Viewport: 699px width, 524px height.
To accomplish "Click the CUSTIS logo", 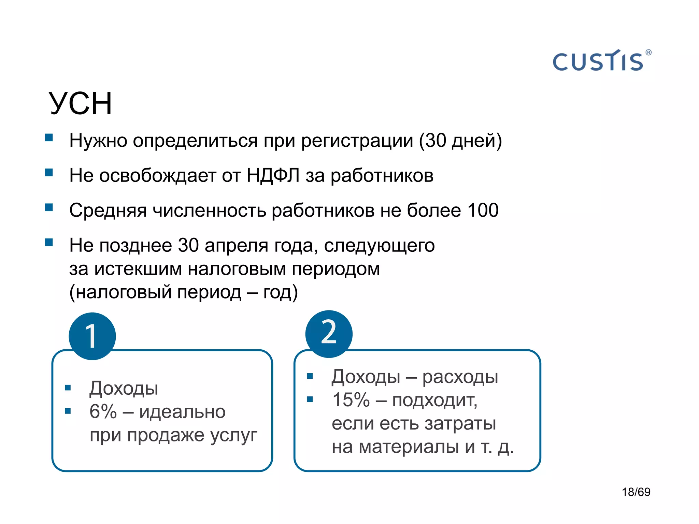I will click(598, 61).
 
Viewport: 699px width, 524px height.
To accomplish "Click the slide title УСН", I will click(81, 103).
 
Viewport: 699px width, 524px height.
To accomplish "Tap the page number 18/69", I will click(636, 492).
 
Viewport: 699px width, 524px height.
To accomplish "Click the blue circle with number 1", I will click(92, 336).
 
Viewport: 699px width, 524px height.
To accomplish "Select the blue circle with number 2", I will click(329, 334).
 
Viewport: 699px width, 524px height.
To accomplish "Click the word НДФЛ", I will click(273, 175).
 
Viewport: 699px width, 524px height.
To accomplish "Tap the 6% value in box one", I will click(103, 411).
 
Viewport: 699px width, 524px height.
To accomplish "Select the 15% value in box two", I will click(351, 400).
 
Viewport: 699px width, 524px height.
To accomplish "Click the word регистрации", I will click(357, 141).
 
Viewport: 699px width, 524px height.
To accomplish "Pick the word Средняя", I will click(108, 210).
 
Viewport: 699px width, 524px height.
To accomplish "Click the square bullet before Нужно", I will click(49, 137).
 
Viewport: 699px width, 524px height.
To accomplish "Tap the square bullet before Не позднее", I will click(49, 243).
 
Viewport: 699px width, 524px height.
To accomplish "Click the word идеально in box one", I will click(182, 412).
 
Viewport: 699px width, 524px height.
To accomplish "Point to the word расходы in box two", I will click(460, 377).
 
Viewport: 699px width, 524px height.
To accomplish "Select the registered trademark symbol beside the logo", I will click(648, 53).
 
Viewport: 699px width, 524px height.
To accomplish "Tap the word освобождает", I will click(157, 176).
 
